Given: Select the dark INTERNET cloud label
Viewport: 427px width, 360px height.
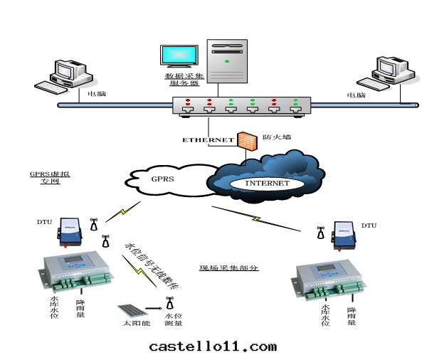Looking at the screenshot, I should pos(267,183).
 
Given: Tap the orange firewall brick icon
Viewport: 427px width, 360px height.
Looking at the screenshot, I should pos(247,138).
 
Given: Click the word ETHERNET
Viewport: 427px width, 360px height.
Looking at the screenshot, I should pos(208,140).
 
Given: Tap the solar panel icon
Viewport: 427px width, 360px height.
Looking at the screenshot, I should pos(130,311).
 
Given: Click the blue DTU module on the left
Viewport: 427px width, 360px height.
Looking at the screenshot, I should pos(70,230).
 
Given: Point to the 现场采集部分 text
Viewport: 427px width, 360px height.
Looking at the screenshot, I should pos(225,269).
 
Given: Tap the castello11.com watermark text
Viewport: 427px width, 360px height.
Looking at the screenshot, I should pos(213,346).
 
